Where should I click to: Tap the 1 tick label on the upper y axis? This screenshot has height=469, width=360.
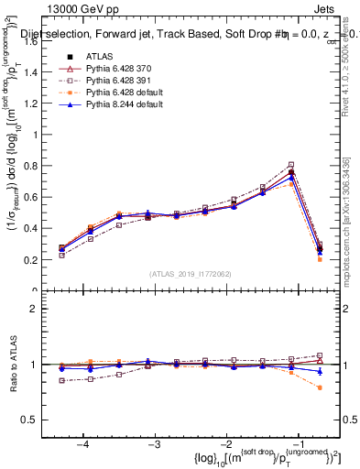(x=39, y=135)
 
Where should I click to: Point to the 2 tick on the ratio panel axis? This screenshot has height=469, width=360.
(x=39, y=309)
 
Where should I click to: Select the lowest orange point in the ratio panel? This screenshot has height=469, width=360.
(x=319, y=387)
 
